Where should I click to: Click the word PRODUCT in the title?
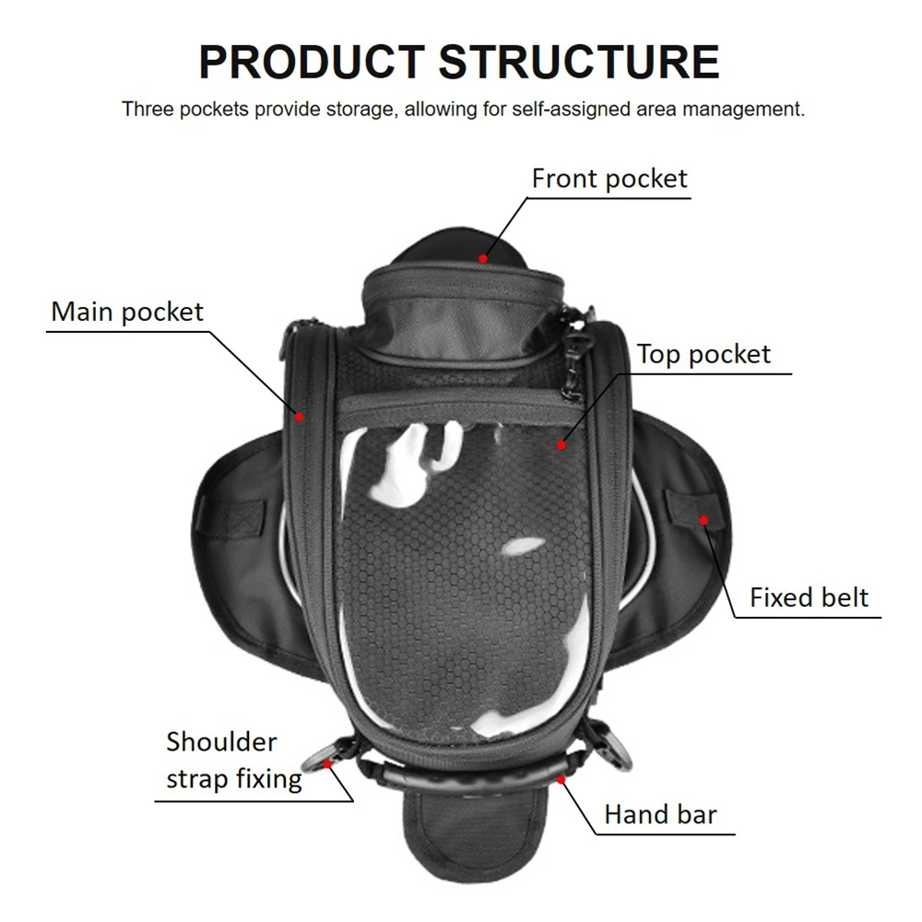pos(312,62)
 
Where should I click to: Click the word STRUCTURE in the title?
pos(579,62)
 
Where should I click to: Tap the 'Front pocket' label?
pos(609,179)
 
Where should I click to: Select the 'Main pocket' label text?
pos(127,312)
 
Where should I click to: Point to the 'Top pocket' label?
pos(703,354)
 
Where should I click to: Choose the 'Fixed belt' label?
pos(809,597)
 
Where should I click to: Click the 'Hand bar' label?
pos(660,814)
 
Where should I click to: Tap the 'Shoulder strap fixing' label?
pos(234,761)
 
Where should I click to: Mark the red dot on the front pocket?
pos(483,259)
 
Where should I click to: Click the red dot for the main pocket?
pos(300,417)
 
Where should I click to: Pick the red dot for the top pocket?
pos(561,445)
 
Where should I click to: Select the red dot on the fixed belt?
pos(703,520)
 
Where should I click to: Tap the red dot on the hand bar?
pos(561,780)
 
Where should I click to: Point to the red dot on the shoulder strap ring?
pos(328,763)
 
